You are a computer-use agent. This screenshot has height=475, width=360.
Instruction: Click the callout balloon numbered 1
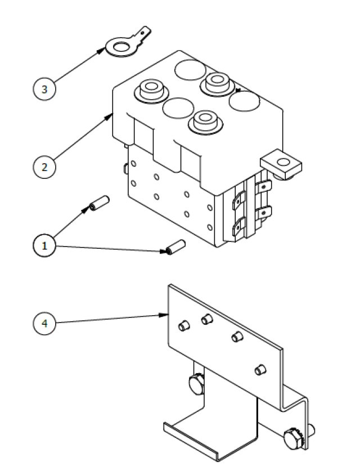click(44, 245)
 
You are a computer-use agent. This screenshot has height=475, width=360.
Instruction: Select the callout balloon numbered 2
click(44, 167)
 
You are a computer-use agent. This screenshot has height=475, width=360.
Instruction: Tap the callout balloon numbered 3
click(44, 89)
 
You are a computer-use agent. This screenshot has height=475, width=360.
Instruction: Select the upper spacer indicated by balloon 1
click(97, 204)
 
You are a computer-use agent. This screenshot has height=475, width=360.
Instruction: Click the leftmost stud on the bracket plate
click(183, 326)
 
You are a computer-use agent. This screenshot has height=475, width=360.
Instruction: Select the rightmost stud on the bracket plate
click(259, 370)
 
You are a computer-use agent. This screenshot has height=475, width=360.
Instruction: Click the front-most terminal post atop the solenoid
click(206, 120)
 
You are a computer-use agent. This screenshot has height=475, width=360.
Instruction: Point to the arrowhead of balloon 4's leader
click(168, 315)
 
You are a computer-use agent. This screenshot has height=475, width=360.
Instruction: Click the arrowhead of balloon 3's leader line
click(102, 50)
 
